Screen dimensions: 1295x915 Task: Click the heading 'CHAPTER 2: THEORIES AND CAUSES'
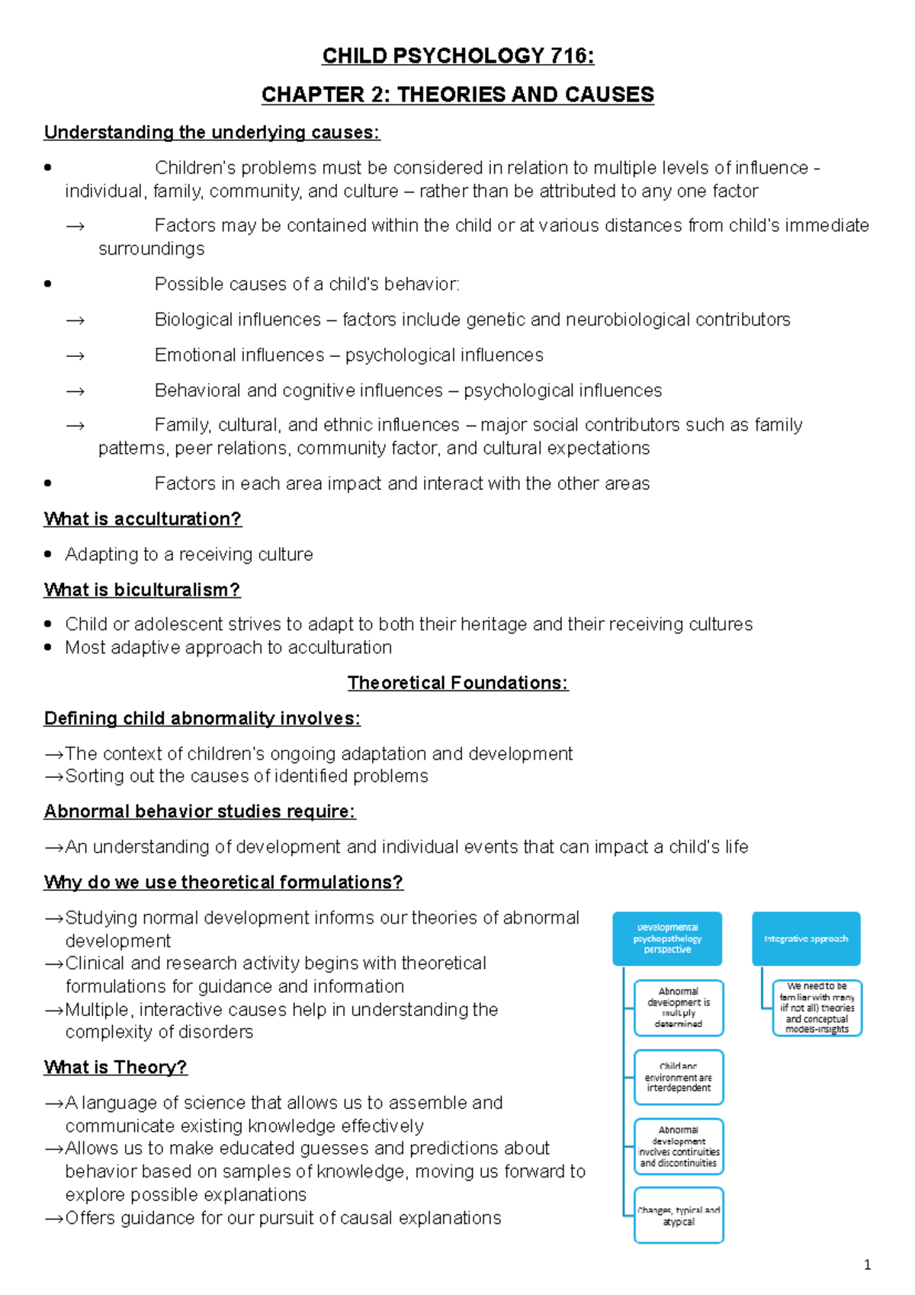pyautogui.click(x=457, y=95)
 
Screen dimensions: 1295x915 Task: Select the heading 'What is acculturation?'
pyautogui.click(x=143, y=519)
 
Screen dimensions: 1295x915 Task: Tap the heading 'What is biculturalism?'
pyautogui.click(x=142, y=590)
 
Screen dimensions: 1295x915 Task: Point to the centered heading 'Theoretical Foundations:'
pyautogui.click(x=457, y=683)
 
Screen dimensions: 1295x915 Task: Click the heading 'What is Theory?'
pyautogui.click(x=115, y=1067)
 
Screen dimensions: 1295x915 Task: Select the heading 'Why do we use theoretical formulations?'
pyautogui.click(x=223, y=882)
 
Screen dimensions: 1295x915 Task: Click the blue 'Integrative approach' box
pyautogui.click(x=806, y=939)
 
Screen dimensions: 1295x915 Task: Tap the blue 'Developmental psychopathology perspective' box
pyautogui.click(x=667, y=939)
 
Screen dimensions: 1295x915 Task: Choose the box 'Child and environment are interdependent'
pyautogui.click(x=679, y=1077)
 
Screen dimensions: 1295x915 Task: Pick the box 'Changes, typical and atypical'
pyautogui.click(x=679, y=1216)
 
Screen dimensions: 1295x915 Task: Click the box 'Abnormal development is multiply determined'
pyautogui.click(x=679, y=1007)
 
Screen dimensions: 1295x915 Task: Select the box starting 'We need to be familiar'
pyautogui.click(x=817, y=1007)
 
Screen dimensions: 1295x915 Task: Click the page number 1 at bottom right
pyautogui.click(x=867, y=1265)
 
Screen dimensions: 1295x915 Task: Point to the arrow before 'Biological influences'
pyautogui.click(x=75, y=320)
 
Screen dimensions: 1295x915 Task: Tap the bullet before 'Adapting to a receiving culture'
pyautogui.click(x=48, y=554)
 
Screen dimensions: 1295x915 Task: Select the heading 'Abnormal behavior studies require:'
pyautogui.click(x=200, y=811)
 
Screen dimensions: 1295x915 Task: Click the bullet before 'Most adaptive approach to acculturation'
pyautogui.click(x=48, y=647)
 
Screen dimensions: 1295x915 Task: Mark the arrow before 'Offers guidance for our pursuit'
pyautogui.click(x=53, y=1219)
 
